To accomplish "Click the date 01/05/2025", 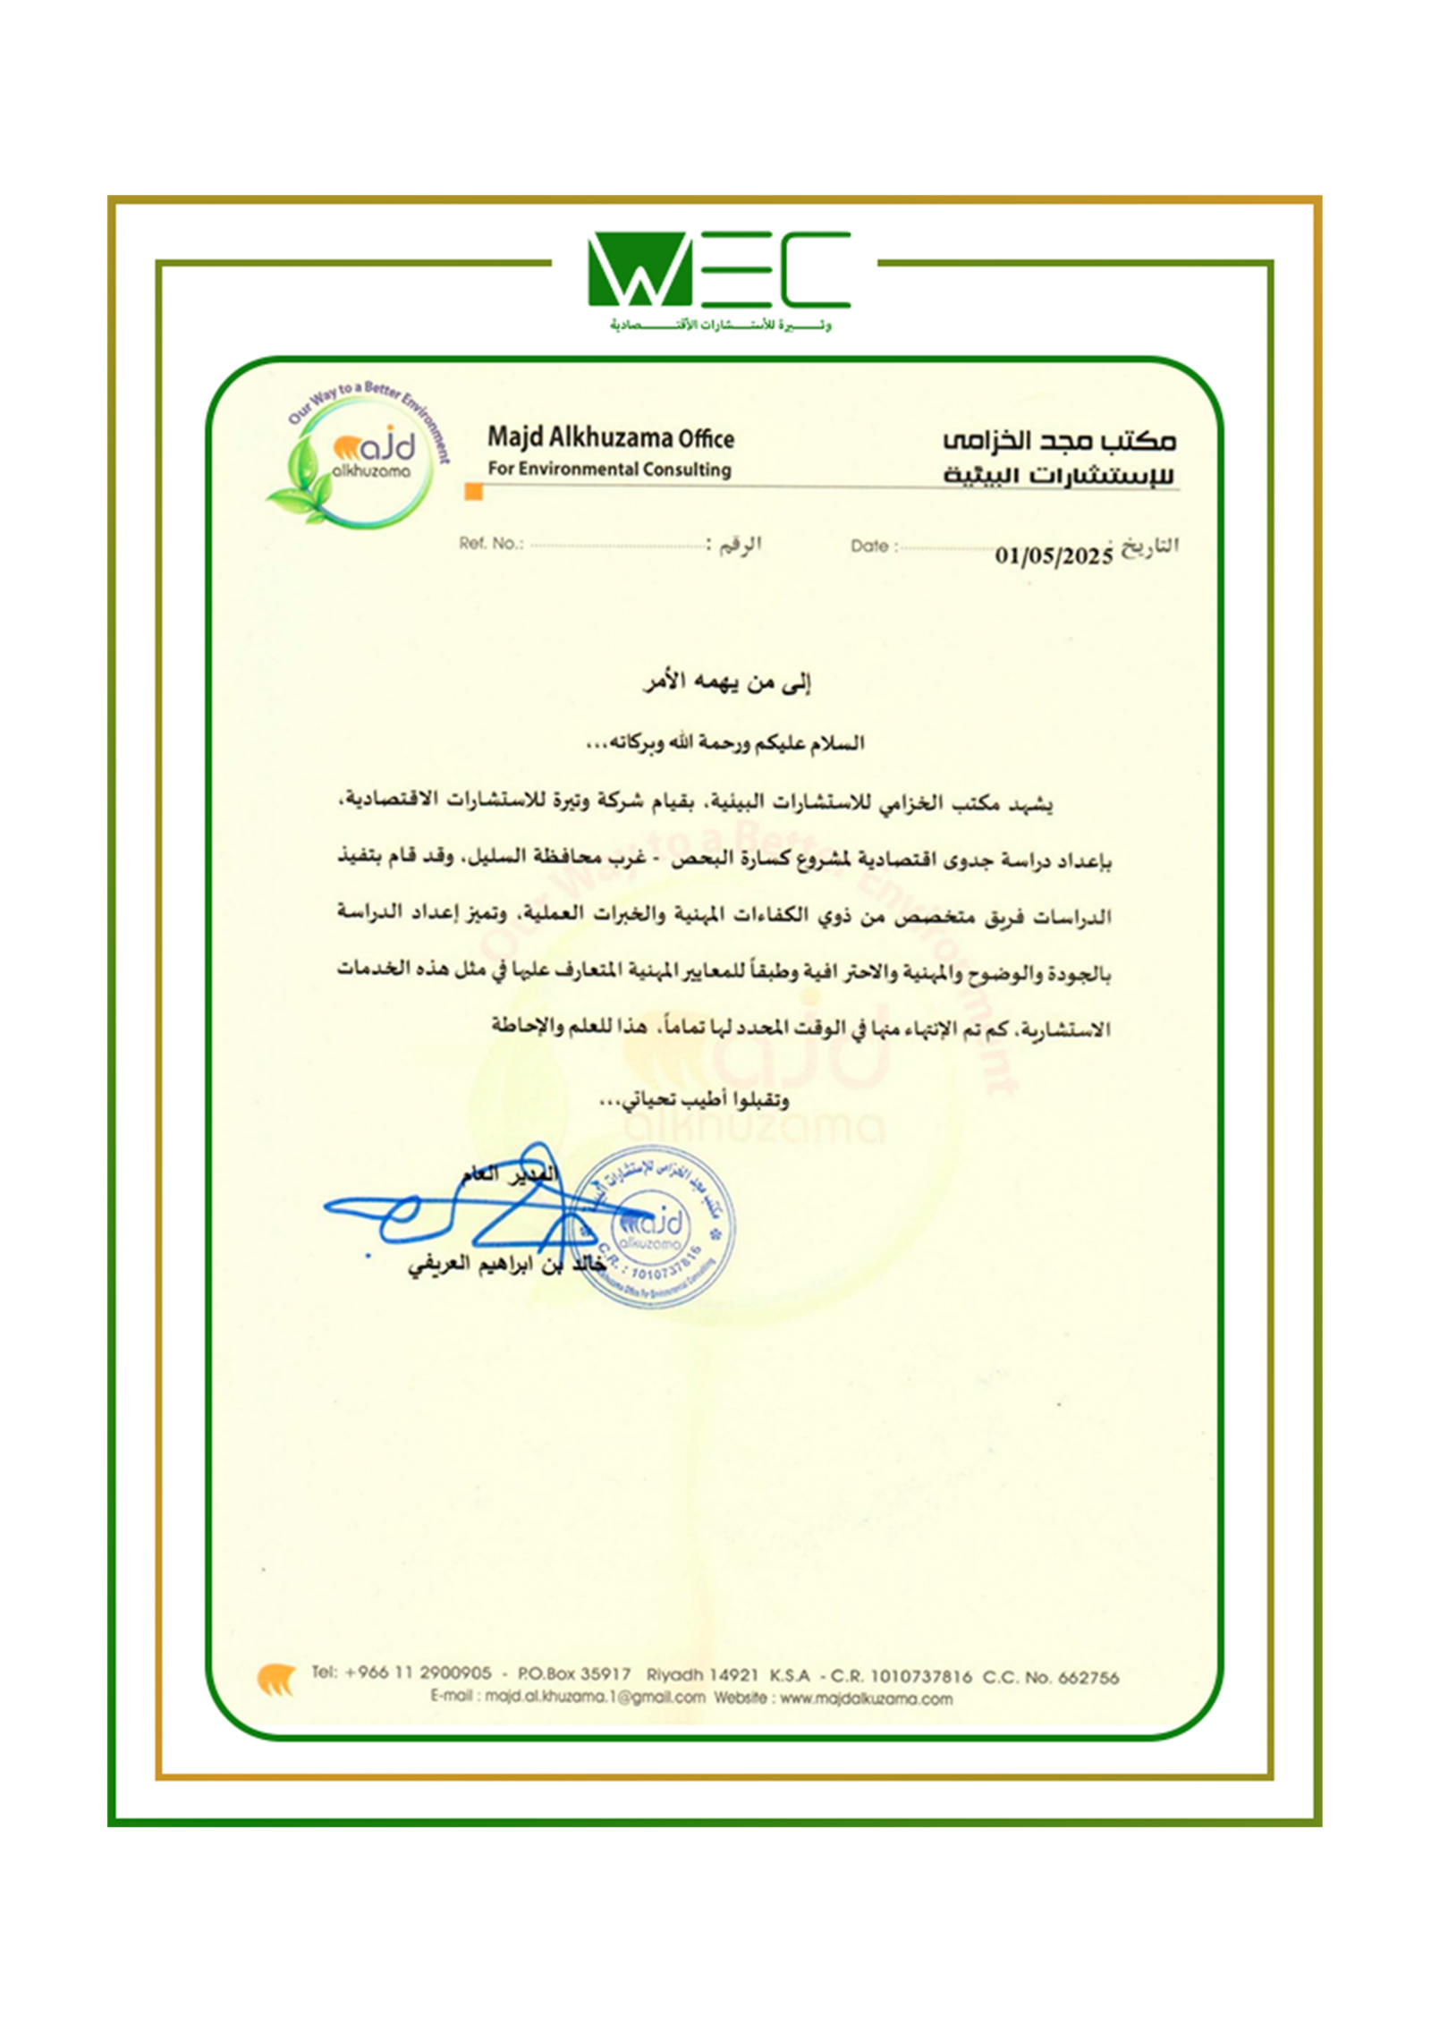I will tap(1054, 555).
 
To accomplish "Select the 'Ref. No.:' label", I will tap(491, 543).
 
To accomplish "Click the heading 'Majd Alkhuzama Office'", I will tap(610, 438).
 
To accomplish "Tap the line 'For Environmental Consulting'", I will tap(609, 469).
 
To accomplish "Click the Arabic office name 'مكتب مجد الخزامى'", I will tap(1060, 440).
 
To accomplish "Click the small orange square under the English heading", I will tap(474, 492).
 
